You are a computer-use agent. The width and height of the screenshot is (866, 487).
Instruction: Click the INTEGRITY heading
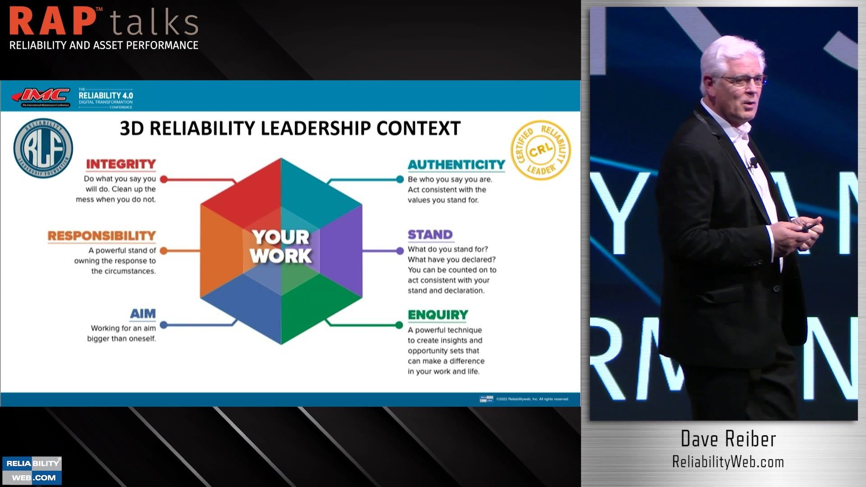click(x=121, y=164)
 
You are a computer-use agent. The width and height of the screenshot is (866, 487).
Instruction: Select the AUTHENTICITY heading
click(x=456, y=165)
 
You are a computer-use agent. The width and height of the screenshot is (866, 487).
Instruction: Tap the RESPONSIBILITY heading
click(x=101, y=236)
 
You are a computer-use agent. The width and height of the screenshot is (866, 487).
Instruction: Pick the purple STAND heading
click(x=430, y=235)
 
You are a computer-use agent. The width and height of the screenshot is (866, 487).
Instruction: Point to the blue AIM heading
click(x=143, y=314)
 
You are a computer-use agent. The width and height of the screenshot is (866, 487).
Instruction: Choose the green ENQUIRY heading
click(x=438, y=315)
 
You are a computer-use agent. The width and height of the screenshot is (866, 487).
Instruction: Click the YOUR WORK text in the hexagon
click(x=281, y=247)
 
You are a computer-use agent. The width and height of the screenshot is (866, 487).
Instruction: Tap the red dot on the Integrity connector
click(x=164, y=179)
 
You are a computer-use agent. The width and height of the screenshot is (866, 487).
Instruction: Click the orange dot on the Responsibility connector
click(x=164, y=251)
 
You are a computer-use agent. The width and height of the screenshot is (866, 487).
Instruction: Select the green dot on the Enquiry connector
click(x=399, y=325)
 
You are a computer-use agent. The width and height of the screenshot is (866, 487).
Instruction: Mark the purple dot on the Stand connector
click(x=400, y=251)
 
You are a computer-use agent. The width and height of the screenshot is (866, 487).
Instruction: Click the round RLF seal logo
click(x=43, y=148)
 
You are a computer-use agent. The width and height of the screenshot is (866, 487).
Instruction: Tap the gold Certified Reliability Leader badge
click(x=541, y=150)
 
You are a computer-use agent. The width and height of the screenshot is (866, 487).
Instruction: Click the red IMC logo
click(x=41, y=96)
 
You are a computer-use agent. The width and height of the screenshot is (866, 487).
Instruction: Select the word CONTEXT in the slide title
click(x=418, y=129)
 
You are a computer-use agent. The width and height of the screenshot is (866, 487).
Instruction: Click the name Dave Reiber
click(x=728, y=439)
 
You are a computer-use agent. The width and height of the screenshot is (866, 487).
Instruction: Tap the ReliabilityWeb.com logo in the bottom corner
click(x=32, y=470)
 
